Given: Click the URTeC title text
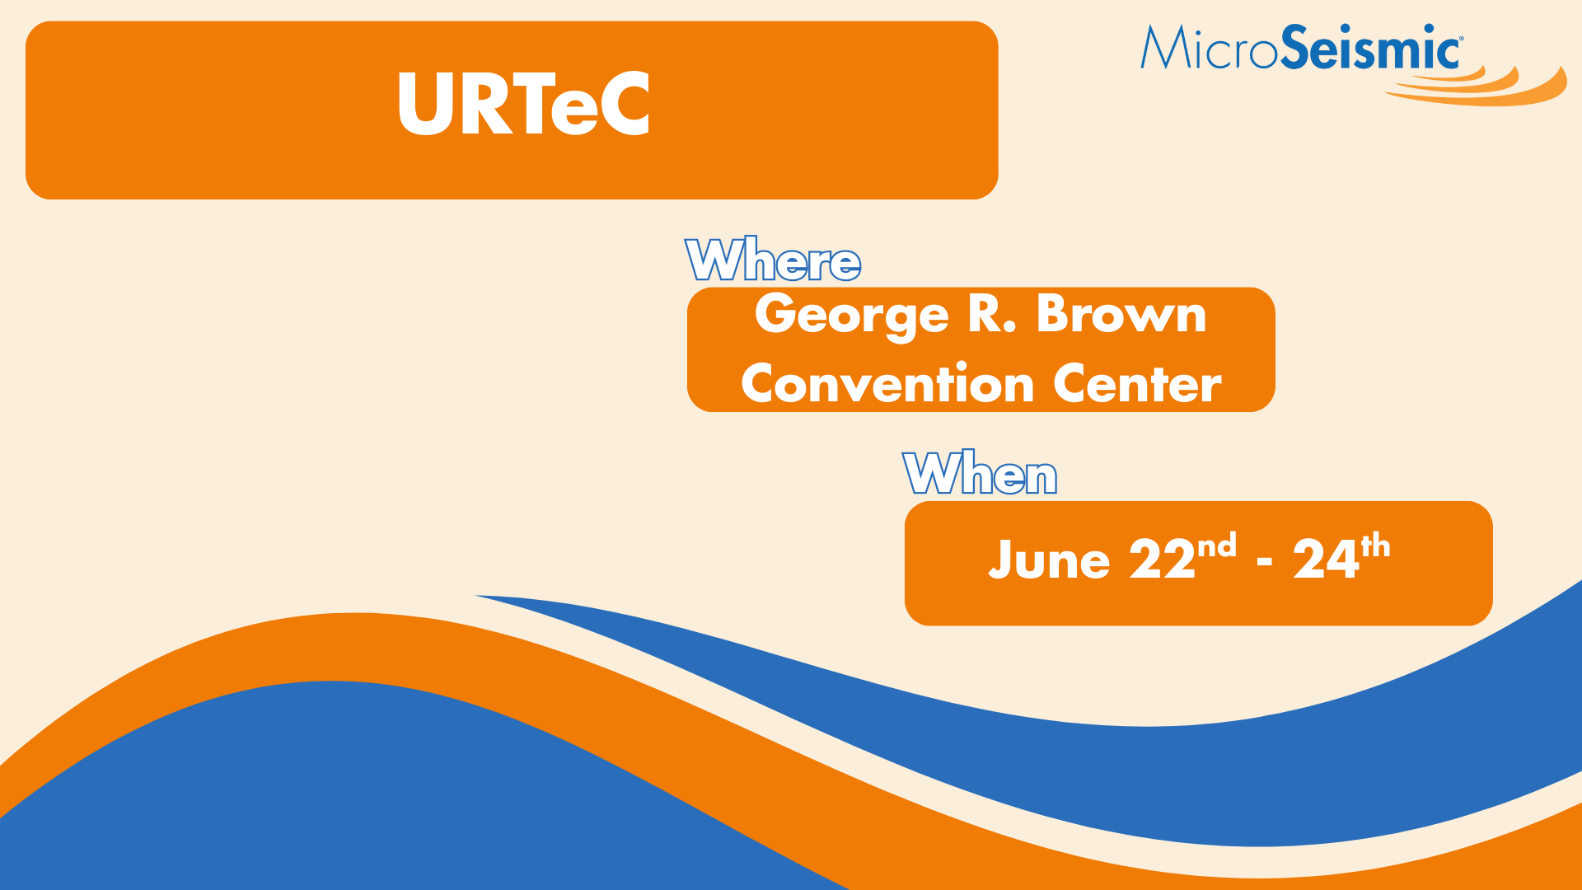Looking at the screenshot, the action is click(x=523, y=104).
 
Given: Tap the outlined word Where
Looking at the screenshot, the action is click(x=773, y=260).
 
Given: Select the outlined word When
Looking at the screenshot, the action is click(x=980, y=473).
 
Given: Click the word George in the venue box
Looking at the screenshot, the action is click(x=852, y=316).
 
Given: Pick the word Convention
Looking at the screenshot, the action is click(x=887, y=383).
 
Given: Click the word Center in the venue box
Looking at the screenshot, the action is click(x=1137, y=383).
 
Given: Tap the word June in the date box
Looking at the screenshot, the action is click(x=1049, y=560).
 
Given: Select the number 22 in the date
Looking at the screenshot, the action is click(x=1162, y=560).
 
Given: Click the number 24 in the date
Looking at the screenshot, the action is click(x=1326, y=560).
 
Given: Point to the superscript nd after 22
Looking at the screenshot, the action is click(x=1217, y=546).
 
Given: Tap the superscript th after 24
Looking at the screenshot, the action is click(x=1375, y=546).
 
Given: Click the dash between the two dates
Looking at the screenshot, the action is click(x=1265, y=563).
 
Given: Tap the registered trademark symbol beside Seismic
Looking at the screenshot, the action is click(x=1462, y=38).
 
